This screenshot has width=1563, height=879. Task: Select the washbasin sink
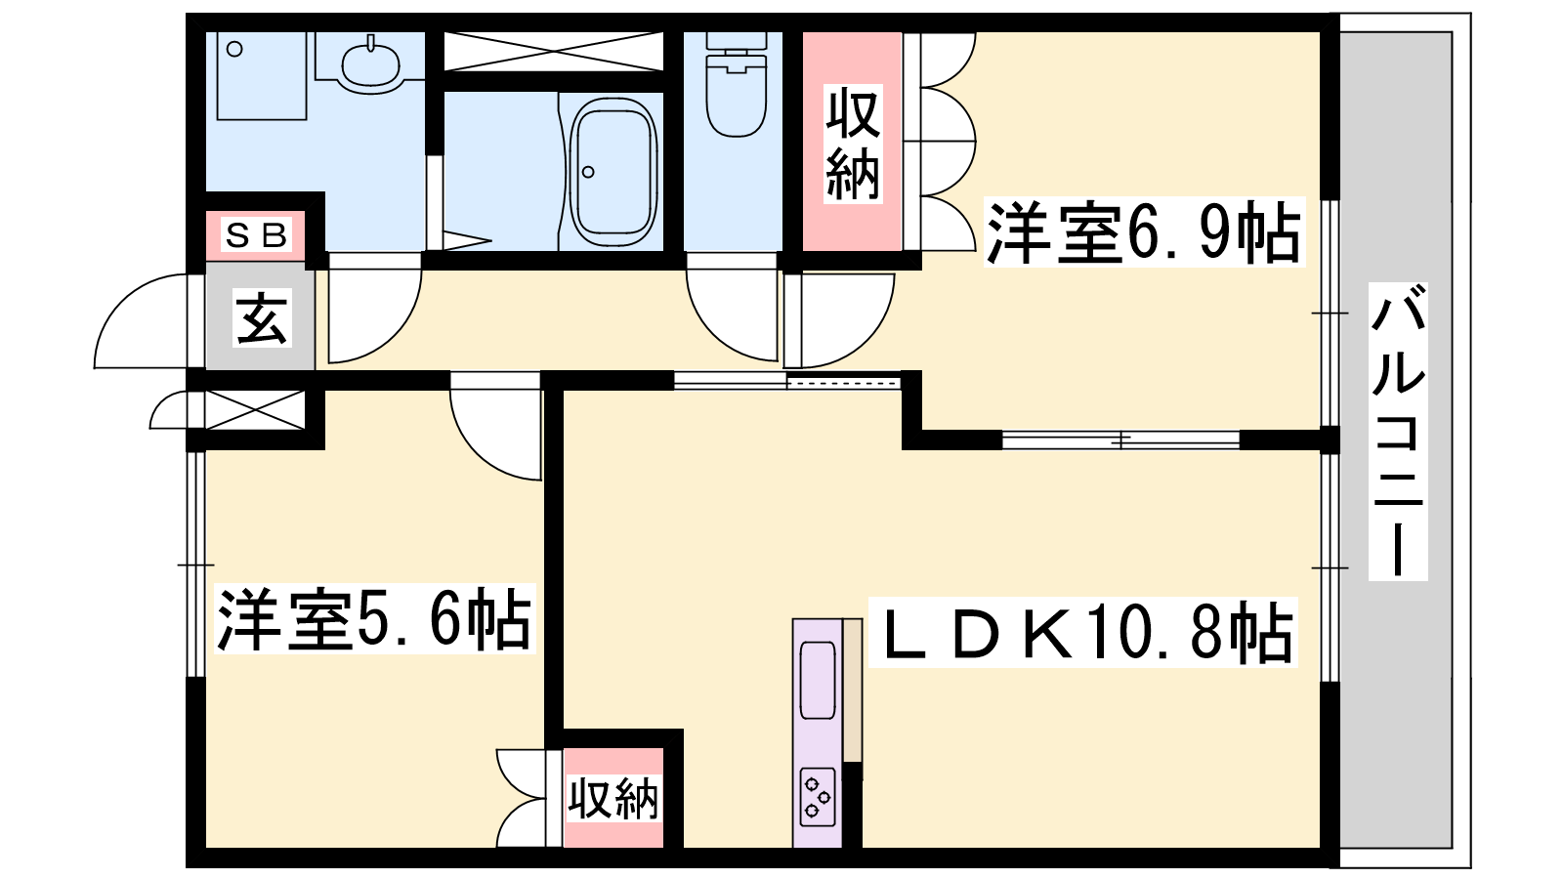click(371, 64)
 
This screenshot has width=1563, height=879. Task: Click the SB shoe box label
click(257, 235)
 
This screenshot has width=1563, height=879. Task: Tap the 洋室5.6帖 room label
click(374, 619)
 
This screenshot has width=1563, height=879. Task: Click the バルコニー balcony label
click(1398, 430)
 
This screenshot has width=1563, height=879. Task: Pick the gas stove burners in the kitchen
click(817, 796)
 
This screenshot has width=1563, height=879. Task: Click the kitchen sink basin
click(818, 680)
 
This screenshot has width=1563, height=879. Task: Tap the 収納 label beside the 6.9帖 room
click(853, 143)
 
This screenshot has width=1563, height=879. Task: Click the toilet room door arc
click(733, 313)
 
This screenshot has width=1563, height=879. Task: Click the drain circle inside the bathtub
click(588, 173)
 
